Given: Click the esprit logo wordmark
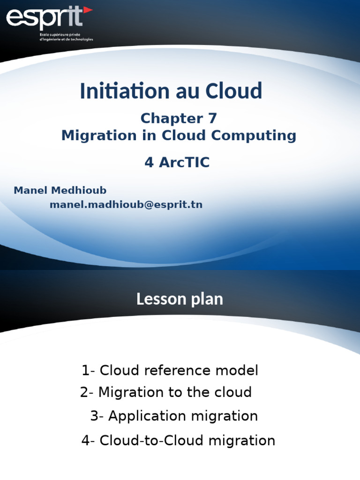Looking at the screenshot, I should pos(45,19).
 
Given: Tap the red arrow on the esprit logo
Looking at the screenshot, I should pos(87,10).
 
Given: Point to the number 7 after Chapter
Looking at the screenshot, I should pos(211,118).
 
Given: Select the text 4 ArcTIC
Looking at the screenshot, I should pos(177,163).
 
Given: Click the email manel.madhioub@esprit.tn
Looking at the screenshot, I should pos(126,204).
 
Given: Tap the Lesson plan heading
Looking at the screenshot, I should pos(180,299).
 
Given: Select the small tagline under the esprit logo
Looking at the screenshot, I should pos(66,37).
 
